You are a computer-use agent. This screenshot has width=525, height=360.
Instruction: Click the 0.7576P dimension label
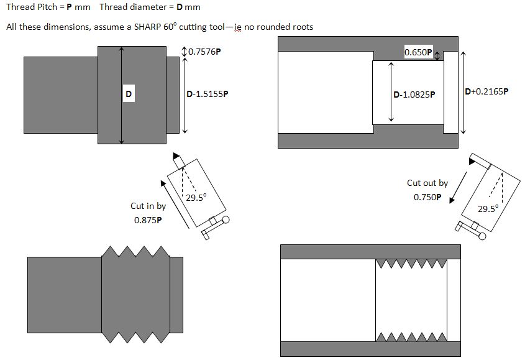click(x=204, y=52)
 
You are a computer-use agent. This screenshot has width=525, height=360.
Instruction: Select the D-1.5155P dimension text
click(x=208, y=94)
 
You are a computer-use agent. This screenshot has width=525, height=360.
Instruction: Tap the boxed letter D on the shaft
click(x=129, y=94)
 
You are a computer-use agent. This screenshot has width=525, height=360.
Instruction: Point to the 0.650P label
click(x=418, y=52)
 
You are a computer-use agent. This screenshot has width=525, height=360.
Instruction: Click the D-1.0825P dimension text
click(x=414, y=95)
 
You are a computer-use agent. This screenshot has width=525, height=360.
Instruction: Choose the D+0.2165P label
click(x=486, y=91)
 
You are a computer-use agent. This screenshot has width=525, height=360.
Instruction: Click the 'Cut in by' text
click(x=148, y=206)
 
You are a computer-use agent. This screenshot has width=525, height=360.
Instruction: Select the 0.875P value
click(x=148, y=220)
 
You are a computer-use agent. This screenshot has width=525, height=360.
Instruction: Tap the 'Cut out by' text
click(x=427, y=183)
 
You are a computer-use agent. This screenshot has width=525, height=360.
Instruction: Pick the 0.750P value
click(x=427, y=197)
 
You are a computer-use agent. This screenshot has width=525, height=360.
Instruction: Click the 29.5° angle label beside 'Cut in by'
click(x=196, y=198)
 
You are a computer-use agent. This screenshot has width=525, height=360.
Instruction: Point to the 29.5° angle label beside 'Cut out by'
click(x=488, y=208)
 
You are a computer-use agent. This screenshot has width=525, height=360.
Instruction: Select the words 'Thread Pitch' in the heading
click(x=32, y=7)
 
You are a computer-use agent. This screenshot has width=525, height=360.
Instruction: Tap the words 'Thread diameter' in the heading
click(x=133, y=7)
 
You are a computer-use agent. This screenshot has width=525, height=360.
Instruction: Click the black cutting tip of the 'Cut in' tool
click(x=176, y=156)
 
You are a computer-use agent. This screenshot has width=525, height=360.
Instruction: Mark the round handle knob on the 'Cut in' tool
click(x=226, y=220)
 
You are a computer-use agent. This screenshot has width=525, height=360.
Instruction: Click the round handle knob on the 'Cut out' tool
click(x=482, y=236)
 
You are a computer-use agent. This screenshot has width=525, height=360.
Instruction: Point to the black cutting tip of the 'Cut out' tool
click(x=472, y=162)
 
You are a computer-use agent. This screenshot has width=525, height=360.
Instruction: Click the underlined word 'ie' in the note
click(x=238, y=27)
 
